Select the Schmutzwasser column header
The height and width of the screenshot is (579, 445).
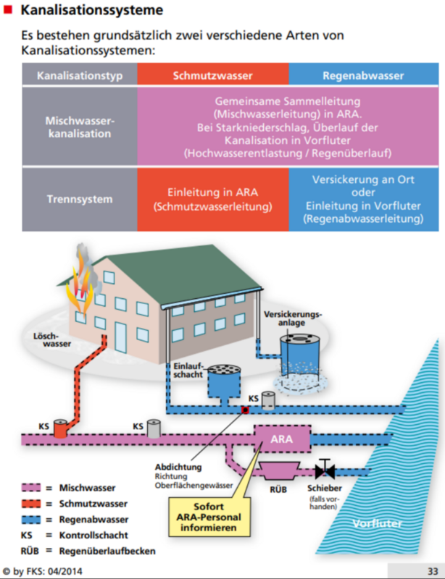[212, 75]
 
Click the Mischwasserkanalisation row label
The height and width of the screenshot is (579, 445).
[80, 127]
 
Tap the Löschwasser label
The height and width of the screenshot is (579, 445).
[52, 340]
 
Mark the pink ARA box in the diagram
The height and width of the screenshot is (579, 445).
[281, 439]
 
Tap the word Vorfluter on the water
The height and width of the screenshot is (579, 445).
[376, 523]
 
